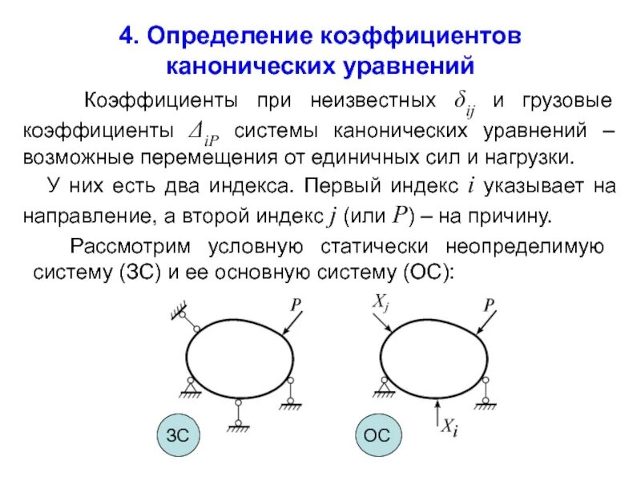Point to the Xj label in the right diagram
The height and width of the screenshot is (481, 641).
click(381, 304)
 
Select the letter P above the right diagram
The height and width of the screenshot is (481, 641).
click(488, 305)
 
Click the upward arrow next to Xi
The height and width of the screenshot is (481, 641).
click(435, 414)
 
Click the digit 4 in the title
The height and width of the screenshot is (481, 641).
click(125, 37)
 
